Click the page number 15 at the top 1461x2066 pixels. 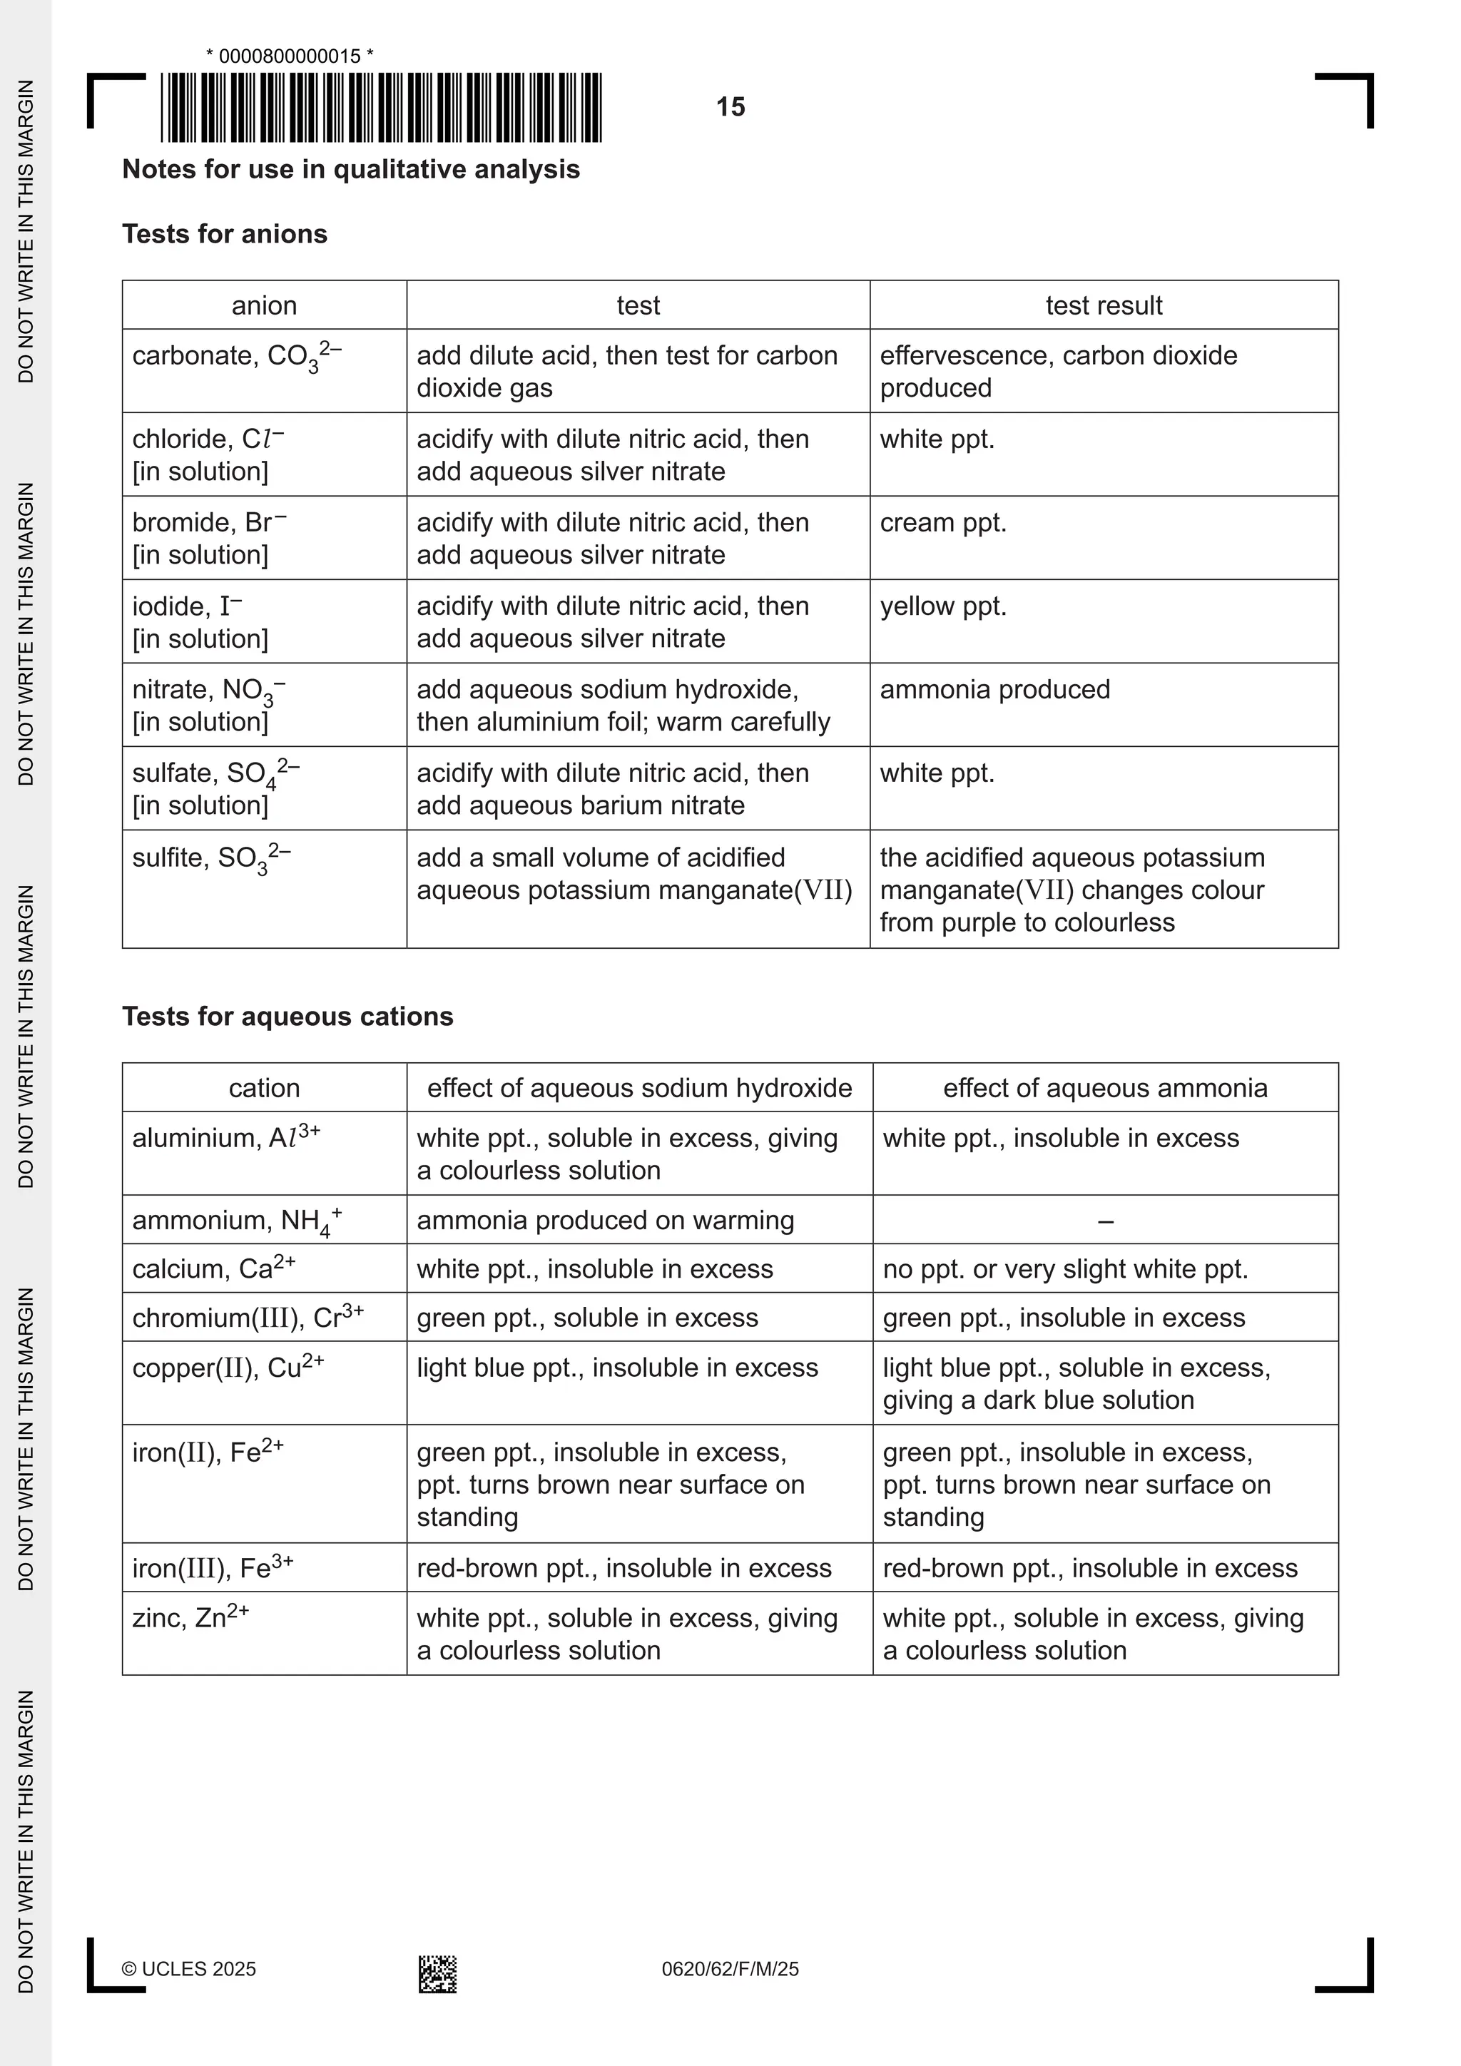730,107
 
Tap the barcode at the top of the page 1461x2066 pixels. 382,107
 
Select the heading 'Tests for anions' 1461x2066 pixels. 224,234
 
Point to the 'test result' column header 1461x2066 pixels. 1103,306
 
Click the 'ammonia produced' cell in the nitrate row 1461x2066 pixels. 994,689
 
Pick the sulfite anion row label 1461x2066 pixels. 211,858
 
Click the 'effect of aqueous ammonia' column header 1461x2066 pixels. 1105,1088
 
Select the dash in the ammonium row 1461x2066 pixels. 1106,1221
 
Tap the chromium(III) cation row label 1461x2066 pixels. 248,1318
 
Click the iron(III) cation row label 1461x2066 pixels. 213,1568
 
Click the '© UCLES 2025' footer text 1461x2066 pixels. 189,1969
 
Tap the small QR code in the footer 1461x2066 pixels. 437,1973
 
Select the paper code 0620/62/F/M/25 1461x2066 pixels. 730,1969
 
